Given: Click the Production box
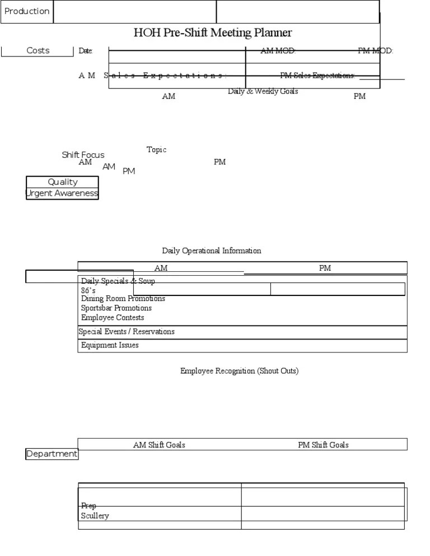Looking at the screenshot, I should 27,11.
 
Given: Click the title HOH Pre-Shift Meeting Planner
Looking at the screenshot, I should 213,33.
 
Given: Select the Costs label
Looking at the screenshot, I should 38,50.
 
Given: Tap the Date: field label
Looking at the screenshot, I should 86,51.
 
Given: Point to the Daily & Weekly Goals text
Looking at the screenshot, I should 263,91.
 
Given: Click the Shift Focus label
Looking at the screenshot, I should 83,155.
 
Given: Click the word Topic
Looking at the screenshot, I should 156,149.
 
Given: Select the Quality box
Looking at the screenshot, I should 62,182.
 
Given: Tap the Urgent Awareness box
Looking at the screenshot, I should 62,194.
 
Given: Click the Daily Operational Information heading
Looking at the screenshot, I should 212,251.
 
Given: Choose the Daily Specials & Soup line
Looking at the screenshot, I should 118,281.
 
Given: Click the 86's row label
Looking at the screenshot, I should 88,291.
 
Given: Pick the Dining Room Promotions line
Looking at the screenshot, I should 123,299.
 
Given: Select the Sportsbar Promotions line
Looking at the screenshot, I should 116,308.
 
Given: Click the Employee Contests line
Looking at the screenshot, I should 113,318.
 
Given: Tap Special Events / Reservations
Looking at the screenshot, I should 127,332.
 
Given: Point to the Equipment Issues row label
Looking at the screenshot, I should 110,345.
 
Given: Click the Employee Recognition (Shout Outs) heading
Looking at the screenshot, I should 239,371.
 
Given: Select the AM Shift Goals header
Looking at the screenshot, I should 159,445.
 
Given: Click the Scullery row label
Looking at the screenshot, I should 95,516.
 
